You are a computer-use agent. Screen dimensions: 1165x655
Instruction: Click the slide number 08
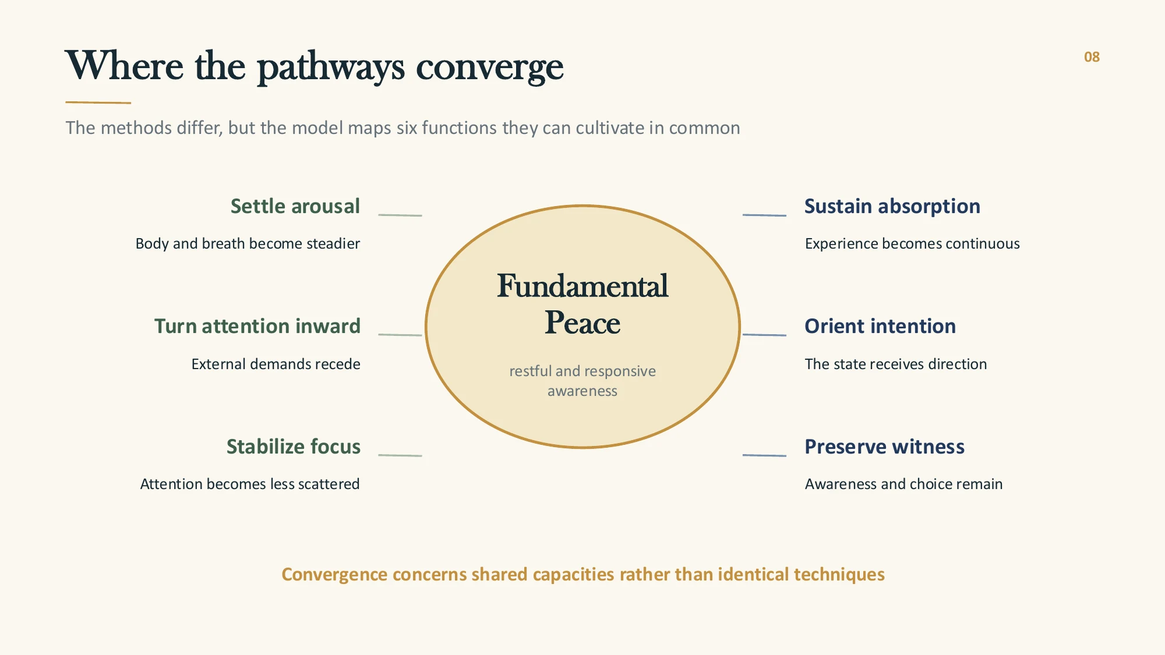click(x=1092, y=57)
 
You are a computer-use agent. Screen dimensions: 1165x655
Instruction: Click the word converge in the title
click(x=489, y=68)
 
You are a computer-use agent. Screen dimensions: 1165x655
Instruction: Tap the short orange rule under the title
click(x=98, y=102)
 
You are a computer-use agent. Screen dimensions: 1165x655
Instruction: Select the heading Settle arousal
click(x=295, y=206)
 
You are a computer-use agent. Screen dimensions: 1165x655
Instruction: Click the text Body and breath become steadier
click(x=248, y=243)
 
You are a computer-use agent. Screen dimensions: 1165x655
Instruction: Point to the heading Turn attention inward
click(x=257, y=326)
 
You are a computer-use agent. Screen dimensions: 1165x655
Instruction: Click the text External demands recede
click(x=276, y=364)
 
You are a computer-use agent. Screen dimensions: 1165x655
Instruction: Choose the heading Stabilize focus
click(x=294, y=447)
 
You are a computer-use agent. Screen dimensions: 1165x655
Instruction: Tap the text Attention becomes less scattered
click(x=250, y=484)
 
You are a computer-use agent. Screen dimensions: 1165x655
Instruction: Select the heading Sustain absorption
click(x=892, y=206)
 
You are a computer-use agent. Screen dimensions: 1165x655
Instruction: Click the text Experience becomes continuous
click(x=912, y=243)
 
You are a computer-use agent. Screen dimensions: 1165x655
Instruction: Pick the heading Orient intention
click(x=880, y=326)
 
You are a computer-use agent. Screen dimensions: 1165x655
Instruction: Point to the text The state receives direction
click(x=896, y=364)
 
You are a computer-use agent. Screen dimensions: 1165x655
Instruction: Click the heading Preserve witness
click(x=885, y=447)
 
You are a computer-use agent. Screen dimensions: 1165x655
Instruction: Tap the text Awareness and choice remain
click(x=903, y=484)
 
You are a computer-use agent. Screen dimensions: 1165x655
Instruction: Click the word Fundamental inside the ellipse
click(x=582, y=286)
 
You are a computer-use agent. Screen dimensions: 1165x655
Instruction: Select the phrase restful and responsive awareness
click(x=582, y=381)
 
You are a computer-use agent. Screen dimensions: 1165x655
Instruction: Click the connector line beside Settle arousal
click(x=400, y=215)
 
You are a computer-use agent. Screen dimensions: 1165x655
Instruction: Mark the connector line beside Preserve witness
click(x=764, y=455)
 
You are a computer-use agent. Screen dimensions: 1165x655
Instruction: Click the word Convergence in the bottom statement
click(x=334, y=575)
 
